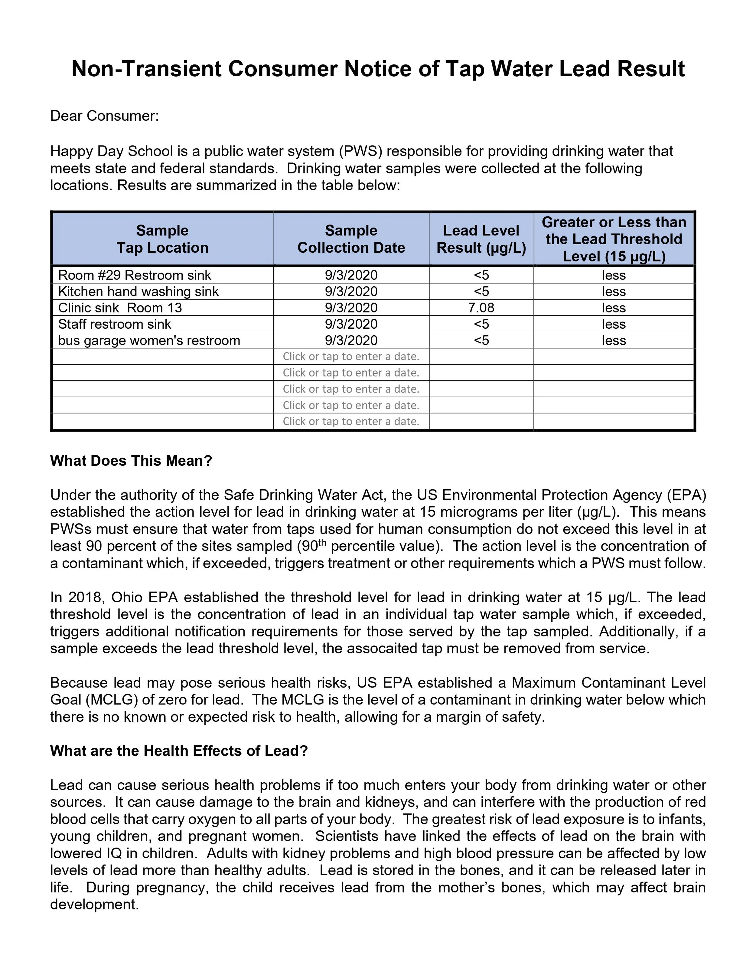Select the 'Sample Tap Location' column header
(x=163, y=239)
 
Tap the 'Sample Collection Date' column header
(x=351, y=239)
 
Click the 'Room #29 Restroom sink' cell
(x=134, y=275)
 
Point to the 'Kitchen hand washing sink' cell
(x=138, y=292)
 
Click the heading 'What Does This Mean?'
(x=131, y=461)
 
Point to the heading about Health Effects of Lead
(x=179, y=751)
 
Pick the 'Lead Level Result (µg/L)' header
(x=481, y=239)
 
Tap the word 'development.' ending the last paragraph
(x=94, y=904)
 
